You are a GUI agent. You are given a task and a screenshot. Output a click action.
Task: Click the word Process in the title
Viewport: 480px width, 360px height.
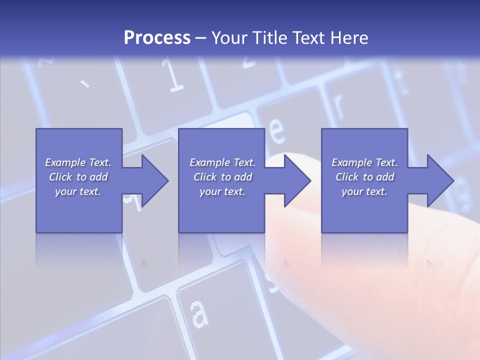[157, 38]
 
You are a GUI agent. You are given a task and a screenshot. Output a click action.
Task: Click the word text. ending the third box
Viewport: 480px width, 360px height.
[376, 191]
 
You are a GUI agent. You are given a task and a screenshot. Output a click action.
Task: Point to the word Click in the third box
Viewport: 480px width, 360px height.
[347, 177]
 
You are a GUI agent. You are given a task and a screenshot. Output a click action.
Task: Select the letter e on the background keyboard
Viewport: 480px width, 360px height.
[276, 130]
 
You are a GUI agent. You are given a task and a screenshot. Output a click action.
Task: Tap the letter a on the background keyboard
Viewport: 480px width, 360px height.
[199, 313]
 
